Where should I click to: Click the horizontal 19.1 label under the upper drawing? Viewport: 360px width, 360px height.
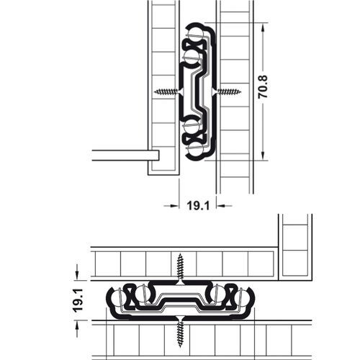pos(198,205)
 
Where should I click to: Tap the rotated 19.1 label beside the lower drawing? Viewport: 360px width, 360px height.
pos(81,299)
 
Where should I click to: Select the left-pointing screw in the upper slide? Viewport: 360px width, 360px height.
pos(166,91)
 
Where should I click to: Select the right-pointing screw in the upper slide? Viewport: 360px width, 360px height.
pos(229,91)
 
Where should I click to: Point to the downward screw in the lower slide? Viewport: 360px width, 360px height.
pos(179,335)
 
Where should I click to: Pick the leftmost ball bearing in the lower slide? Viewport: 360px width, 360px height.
pos(120,296)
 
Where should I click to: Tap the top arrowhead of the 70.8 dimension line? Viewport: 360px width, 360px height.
pos(266,28)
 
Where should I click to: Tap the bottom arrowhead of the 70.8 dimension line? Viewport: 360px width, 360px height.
pos(266,156)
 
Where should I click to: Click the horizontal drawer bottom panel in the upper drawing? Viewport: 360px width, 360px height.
pos(125,155)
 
